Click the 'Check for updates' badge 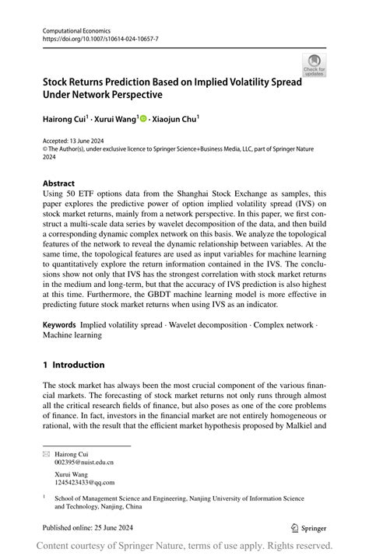314,65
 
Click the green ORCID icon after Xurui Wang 143,119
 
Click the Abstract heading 59,184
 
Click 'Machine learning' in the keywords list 72,335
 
